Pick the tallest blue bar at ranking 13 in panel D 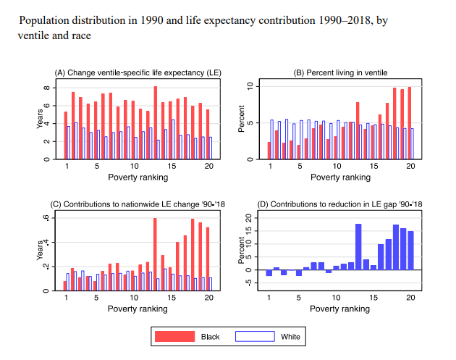(x=358, y=246)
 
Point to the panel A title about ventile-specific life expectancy (x=138, y=72)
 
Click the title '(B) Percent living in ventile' (x=340, y=72)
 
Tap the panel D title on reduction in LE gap (x=340, y=204)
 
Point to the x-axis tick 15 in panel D (x=374, y=298)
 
